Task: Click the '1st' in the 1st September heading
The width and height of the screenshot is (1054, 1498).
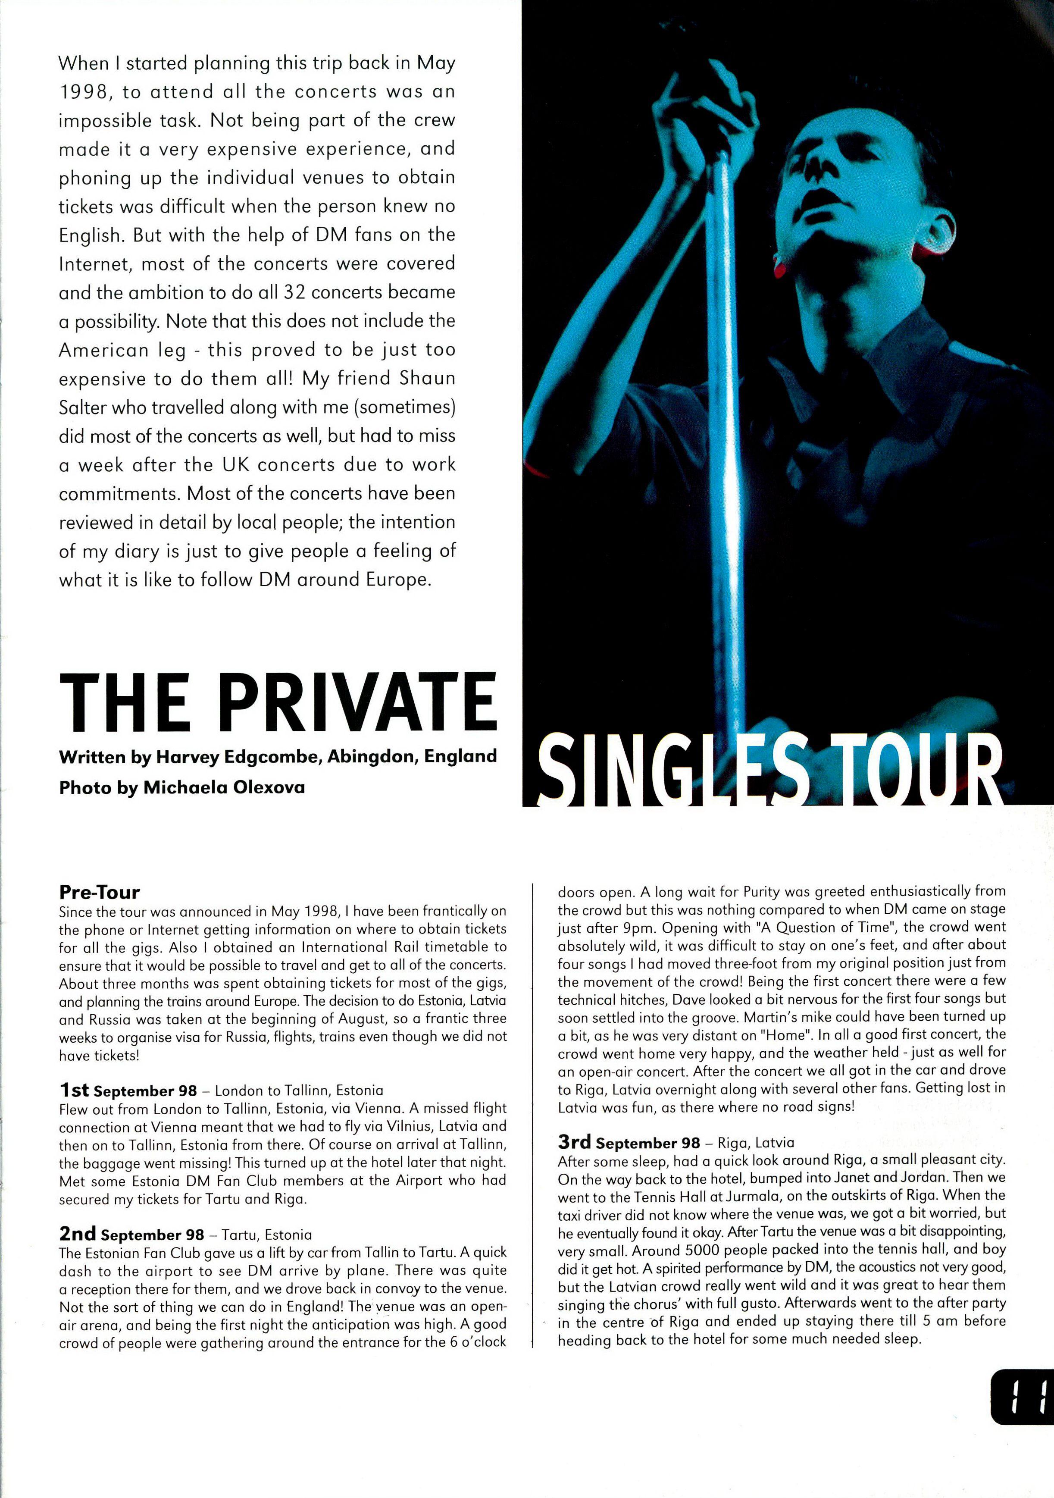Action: (74, 1090)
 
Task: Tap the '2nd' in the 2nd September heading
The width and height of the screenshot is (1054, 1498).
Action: (77, 1234)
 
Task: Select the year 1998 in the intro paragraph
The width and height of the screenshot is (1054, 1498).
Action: (81, 92)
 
